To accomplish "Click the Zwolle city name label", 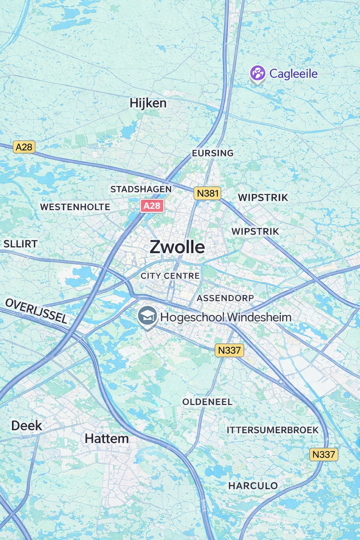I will point(177,247).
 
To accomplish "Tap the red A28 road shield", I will point(152,206).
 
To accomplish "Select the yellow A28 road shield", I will point(24,147).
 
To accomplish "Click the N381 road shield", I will point(208,194).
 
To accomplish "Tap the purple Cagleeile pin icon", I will point(258,74).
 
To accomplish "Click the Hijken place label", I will point(148,103).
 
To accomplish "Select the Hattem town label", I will point(107,439).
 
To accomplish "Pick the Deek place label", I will point(26,426).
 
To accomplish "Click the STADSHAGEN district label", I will point(141,189).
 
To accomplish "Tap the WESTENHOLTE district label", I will point(75,207).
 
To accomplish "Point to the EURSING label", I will point(212,153).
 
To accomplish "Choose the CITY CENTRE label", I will point(170,276).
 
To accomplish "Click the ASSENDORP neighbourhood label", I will point(225,298).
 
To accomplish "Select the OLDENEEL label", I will point(207,402).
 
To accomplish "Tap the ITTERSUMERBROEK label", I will point(272,430).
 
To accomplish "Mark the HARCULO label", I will point(253,486).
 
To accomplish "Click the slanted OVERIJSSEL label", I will point(36,311).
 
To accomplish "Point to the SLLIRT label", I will point(20,244).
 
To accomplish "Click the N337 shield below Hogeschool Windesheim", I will point(229,350).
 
